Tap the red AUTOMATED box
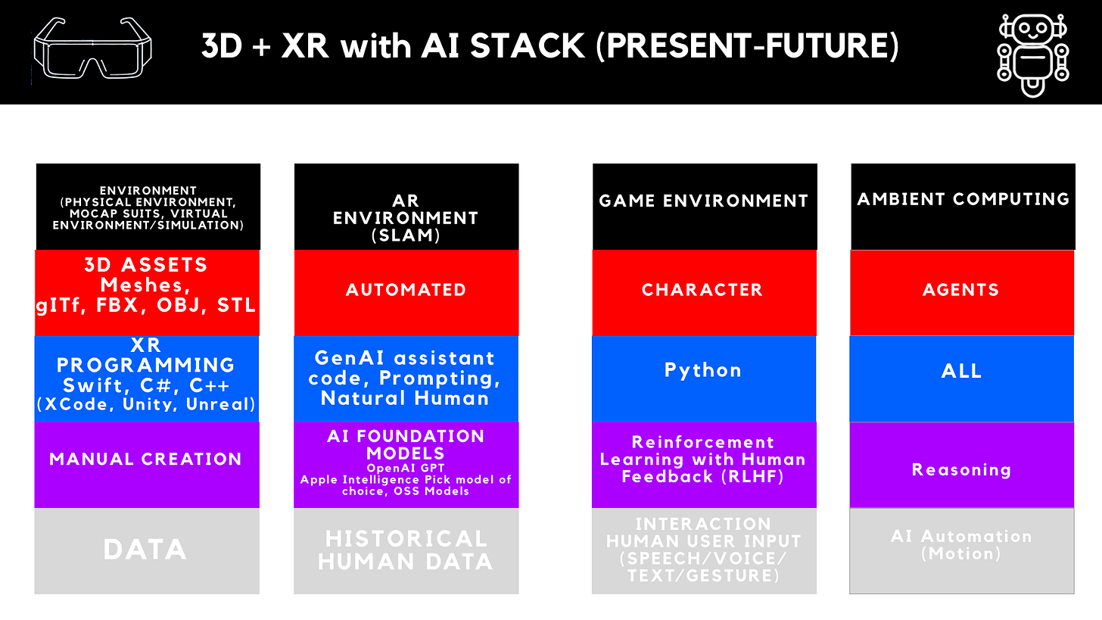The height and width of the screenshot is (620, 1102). click(x=406, y=291)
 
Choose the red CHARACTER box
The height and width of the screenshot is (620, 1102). click(x=703, y=291)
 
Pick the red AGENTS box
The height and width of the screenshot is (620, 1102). click(x=961, y=291)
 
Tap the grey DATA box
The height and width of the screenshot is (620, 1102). click(x=145, y=550)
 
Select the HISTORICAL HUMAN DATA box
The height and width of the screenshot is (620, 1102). click(x=406, y=550)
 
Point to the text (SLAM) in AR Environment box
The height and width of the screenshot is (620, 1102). click(x=406, y=235)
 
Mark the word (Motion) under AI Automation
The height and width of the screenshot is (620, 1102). click(x=961, y=553)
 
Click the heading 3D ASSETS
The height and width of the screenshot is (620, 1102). click(x=145, y=266)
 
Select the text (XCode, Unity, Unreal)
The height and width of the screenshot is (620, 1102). click(x=146, y=403)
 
